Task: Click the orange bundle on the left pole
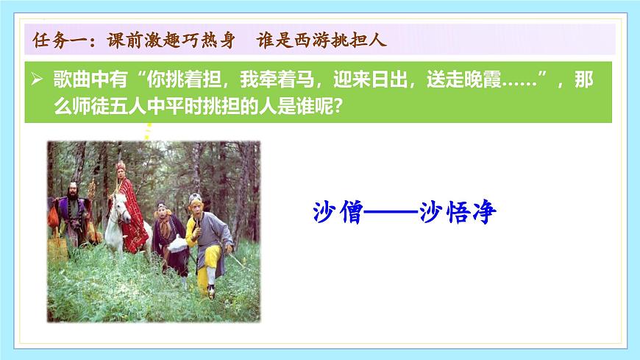[53, 215]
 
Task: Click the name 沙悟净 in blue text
[458, 213]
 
